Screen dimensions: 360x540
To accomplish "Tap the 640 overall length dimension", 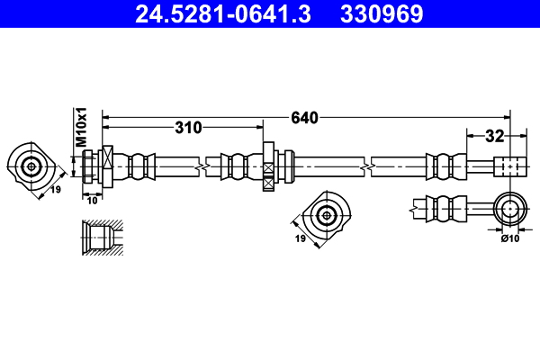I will point(304,117).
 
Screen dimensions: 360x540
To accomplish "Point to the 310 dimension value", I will point(188,128).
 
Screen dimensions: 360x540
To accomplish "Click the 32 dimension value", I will point(493,137).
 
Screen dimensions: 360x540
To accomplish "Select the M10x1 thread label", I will point(80,126).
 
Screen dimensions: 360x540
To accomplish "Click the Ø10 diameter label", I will point(510,238).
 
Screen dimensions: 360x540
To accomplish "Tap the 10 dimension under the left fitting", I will point(91,200).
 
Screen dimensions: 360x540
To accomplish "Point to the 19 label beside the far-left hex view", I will point(55,190).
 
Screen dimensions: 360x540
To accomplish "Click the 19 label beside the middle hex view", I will point(301,238).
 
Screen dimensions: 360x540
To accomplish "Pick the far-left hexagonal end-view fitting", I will point(31,166).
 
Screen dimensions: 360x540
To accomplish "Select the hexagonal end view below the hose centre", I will point(326,213).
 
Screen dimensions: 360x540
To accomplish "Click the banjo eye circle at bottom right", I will point(510,209).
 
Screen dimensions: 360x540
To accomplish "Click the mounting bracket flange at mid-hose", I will point(267,166).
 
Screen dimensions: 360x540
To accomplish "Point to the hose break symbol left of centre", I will point(206,166).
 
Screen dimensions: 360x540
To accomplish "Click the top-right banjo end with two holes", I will point(508,166).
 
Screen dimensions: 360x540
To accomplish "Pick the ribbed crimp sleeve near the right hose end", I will point(444,166).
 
